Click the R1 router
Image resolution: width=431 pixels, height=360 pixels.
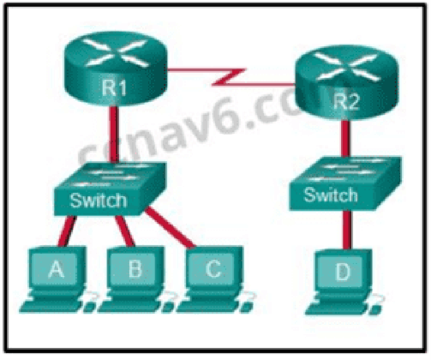coord(116,69)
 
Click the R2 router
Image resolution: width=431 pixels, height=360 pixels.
coord(346,83)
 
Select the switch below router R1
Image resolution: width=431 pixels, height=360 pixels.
coord(110,189)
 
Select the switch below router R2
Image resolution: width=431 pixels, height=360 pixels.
coord(345,183)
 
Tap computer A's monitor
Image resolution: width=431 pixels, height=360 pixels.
coord(57,269)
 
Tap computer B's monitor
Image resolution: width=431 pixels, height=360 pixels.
coord(135,269)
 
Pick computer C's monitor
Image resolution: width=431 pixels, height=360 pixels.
coord(214,269)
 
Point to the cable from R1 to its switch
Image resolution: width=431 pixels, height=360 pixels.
coord(114,134)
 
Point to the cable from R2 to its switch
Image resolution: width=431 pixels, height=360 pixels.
coord(346,139)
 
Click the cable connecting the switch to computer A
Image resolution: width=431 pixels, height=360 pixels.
coord(66,231)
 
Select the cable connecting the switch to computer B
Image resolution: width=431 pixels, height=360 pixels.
coord(125,231)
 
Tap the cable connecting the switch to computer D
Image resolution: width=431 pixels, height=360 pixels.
coord(347,230)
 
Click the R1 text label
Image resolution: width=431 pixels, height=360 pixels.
coord(114,88)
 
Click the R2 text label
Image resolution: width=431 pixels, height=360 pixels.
coord(346,102)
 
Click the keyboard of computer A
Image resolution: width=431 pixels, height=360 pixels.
coord(49,306)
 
